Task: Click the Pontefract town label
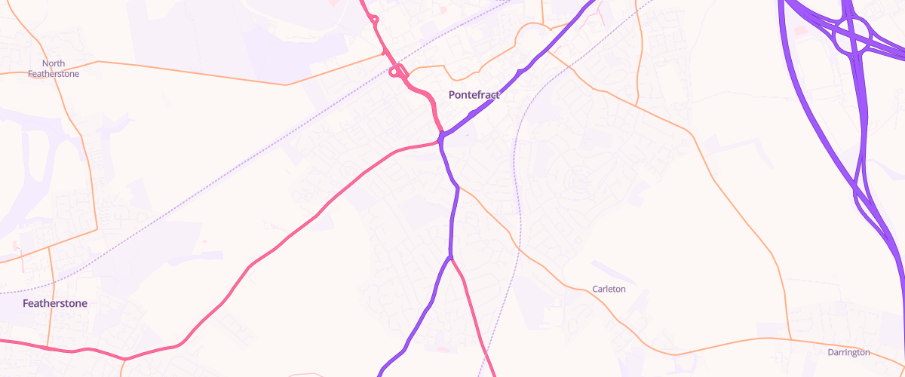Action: click(474, 95)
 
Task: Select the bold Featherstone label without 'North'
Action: click(55, 303)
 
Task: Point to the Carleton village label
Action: click(609, 289)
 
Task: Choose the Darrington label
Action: click(848, 352)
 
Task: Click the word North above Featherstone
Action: click(54, 63)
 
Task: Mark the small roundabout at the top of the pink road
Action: click(375, 19)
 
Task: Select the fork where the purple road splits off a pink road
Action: click(450, 258)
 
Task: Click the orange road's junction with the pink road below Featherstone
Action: click(50, 348)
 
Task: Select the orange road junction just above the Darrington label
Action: click(790, 339)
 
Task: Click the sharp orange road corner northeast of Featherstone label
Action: click(97, 228)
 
